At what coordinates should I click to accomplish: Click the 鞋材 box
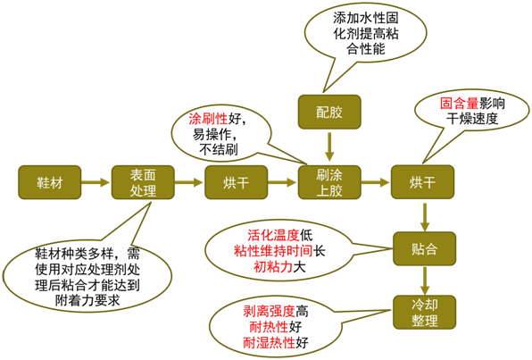48,181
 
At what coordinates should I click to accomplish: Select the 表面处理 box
142,181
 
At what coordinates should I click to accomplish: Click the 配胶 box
329,111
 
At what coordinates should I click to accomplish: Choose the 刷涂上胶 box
329,181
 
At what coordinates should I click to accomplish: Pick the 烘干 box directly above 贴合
423,181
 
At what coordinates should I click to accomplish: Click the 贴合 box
423,247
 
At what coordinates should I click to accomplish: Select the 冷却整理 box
423,311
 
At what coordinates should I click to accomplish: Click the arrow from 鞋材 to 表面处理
94,181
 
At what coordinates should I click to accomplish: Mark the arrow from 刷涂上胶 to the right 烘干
375,181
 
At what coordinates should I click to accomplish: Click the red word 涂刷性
207,119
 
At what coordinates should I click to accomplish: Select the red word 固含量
459,103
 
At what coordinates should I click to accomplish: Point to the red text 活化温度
273,235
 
